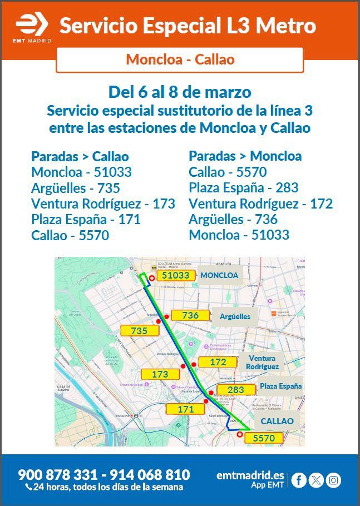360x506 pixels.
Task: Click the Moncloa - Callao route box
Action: pos(180,59)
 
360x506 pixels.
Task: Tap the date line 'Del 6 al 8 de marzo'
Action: pos(180,92)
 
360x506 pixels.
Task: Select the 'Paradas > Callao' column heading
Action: pos(80,156)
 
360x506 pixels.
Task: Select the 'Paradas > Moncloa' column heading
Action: pos(245,156)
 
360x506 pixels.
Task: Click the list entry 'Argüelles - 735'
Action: pos(76,188)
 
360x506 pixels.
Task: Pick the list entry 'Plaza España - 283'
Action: pos(244,187)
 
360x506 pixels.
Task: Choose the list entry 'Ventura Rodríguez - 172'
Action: pos(260,204)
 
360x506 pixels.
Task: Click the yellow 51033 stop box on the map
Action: pos(176,275)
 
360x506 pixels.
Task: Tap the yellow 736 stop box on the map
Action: pos(190,315)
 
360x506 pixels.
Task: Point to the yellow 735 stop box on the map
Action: pos(139,331)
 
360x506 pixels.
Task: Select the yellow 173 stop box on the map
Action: pos(160,375)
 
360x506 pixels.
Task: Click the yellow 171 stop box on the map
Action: pos(186,409)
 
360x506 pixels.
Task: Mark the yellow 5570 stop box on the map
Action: pos(264,438)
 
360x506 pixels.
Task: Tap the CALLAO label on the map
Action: pos(277,421)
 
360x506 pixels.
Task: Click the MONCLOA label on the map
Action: pos(219,275)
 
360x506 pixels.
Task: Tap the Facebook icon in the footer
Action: pos(299,480)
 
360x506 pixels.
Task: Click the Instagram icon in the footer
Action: pos(333,480)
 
